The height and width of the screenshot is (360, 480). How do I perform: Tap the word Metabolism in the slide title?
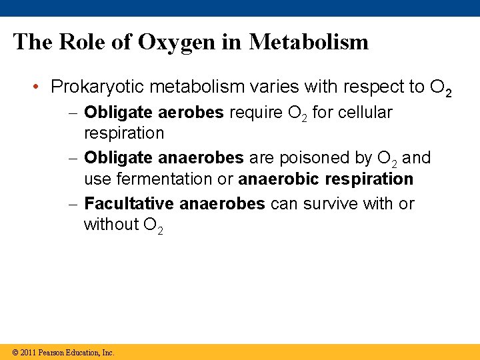(x=309, y=42)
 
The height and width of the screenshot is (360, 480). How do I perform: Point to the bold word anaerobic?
(x=279, y=179)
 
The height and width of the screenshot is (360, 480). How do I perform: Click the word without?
(x=111, y=225)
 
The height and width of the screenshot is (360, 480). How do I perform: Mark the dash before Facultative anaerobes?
(x=76, y=204)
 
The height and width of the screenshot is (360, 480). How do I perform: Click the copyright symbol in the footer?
(x=15, y=352)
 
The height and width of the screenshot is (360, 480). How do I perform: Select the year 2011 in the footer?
(x=28, y=352)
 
